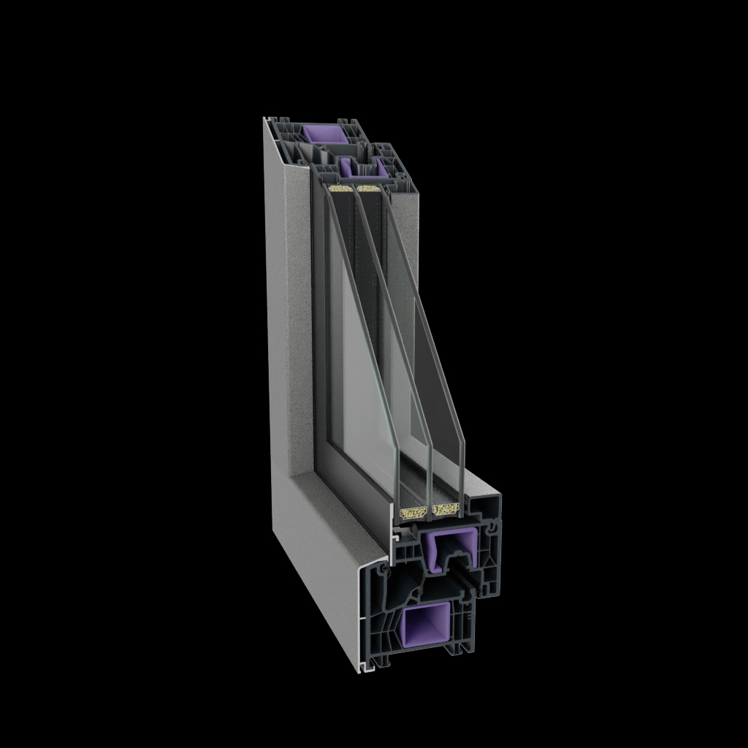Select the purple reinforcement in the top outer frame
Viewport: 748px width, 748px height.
pos(321,134)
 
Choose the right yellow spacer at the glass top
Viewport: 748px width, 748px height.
pos(370,188)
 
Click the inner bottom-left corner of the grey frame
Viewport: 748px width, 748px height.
pos(296,476)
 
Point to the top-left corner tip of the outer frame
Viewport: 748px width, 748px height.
pos(264,118)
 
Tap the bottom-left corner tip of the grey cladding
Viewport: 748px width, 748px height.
pos(361,670)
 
